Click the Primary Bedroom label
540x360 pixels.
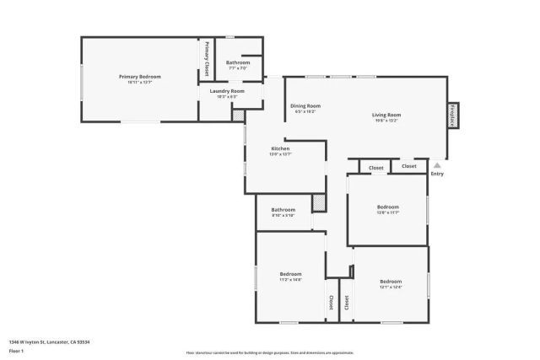click(x=139, y=76)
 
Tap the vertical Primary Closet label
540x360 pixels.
click(x=206, y=58)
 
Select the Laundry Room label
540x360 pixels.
click(x=227, y=90)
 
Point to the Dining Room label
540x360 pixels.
click(x=305, y=105)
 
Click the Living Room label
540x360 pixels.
click(x=386, y=115)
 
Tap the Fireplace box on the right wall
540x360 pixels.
click(x=452, y=114)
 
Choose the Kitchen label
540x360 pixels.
click(x=280, y=148)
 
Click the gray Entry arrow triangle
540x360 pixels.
click(x=436, y=165)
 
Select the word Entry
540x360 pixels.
click(x=436, y=174)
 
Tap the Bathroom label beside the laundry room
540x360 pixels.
click(x=238, y=62)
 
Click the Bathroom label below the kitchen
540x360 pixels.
click(x=283, y=209)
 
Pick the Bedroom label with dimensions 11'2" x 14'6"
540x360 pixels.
click(x=290, y=273)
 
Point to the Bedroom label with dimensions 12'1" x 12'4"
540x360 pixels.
click(x=391, y=281)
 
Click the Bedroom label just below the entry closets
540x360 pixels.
click(x=388, y=207)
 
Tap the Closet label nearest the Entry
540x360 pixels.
click(x=409, y=166)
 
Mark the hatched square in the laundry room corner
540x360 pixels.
click(x=238, y=115)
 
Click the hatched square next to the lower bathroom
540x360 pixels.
click(x=319, y=203)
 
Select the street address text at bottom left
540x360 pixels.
click(x=49, y=341)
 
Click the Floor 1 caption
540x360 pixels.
click(x=16, y=350)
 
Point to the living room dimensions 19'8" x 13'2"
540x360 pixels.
click(x=386, y=121)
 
